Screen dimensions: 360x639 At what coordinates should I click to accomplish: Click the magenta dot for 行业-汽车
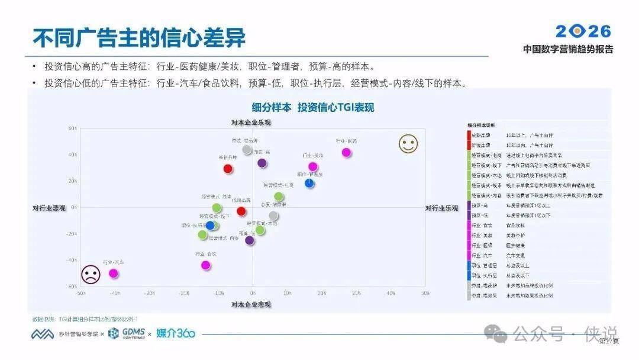pyautogui.click(x=113, y=273)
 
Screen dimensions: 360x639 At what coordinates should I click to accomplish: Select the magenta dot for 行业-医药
pyautogui.click(x=347, y=152)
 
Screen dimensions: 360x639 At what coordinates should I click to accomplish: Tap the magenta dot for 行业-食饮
pyautogui.click(x=205, y=265)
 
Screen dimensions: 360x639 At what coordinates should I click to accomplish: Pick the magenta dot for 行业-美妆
pyautogui.click(x=313, y=166)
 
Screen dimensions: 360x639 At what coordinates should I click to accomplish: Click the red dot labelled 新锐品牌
pyautogui.click(x=228, y=169)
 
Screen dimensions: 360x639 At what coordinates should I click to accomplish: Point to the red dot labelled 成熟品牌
pyautogui.click(x=241, y=211)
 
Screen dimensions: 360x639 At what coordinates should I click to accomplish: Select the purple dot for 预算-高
pyautogui.click(x=262, y=163)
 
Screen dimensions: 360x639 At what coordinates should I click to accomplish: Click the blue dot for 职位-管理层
pyautogui.click(x=309, y=183)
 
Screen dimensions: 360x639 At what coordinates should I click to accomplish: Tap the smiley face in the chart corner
pyautogui.click(x=408, y=144)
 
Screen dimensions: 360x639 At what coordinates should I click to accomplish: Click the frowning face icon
pyautogui.click(x=91, y=274)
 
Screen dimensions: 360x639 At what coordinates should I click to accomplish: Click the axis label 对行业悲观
pyautogui.click(x=49, y=208)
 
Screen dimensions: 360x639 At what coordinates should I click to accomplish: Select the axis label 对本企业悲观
pyautogui.click(x=251, y=304)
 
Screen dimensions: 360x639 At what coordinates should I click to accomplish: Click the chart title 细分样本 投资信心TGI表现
pyautogui.click(x=313, y=107)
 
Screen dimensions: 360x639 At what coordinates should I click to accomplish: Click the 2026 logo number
pyautogui.click(x=583, y=31)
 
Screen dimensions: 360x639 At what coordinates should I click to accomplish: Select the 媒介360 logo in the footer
pyautogui.click(x=176, y=334)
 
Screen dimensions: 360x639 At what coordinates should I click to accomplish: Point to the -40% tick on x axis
pyautogui.click(x=115, y=293)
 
